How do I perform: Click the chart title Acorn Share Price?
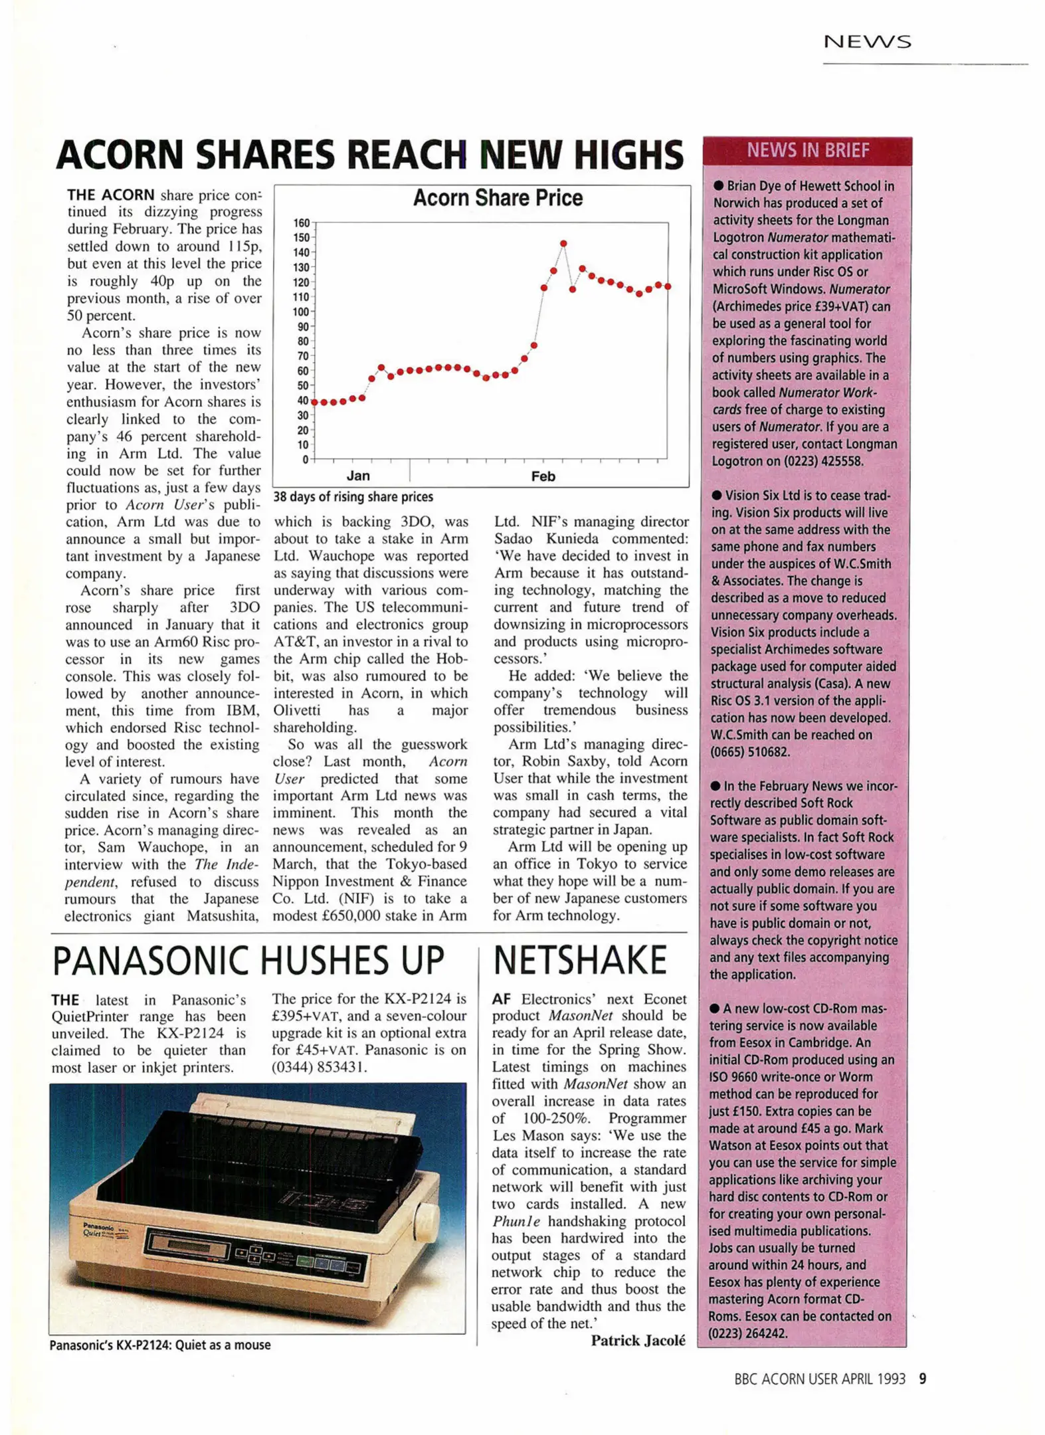click(x=498, y=198)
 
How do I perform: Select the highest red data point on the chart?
click(x=563, y=244)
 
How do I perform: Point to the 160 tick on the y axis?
click(x=302, y=223)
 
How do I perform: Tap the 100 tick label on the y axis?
click(x=302, y=312)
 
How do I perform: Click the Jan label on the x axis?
click(x=358, y=476)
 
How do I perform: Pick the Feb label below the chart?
click(x=543, y=476)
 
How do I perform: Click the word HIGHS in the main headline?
click(x=628, y=155)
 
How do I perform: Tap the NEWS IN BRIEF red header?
click(x=807, y=151)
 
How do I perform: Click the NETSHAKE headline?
click(x=579, y=961)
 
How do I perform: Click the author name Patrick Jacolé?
click(x=638, y=1340)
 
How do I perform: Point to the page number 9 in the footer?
click(x=922, y=1379)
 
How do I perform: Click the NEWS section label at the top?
click(x=867, y=42)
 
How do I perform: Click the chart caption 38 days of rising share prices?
click(x=353, y=497)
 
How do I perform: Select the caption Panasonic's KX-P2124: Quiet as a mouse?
click(x=160, y=1345)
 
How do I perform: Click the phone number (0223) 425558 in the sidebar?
click(x=832, y=461)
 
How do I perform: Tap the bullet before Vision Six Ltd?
click(x=716, y=496)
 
